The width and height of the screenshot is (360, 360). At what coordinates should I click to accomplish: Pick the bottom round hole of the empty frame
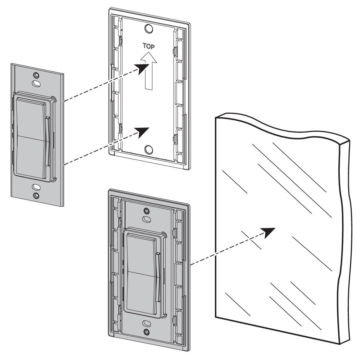[148, 149]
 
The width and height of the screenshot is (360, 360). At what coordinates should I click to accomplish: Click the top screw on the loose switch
[36, 75]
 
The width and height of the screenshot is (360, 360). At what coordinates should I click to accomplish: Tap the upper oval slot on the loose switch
[36, 83]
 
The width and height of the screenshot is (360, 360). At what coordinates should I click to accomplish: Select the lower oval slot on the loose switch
[36, 187]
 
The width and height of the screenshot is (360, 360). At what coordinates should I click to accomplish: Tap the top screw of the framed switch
[146, 211]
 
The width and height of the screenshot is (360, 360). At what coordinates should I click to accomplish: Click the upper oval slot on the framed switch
[146, 219]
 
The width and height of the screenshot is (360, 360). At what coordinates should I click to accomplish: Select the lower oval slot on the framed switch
[146, 323]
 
